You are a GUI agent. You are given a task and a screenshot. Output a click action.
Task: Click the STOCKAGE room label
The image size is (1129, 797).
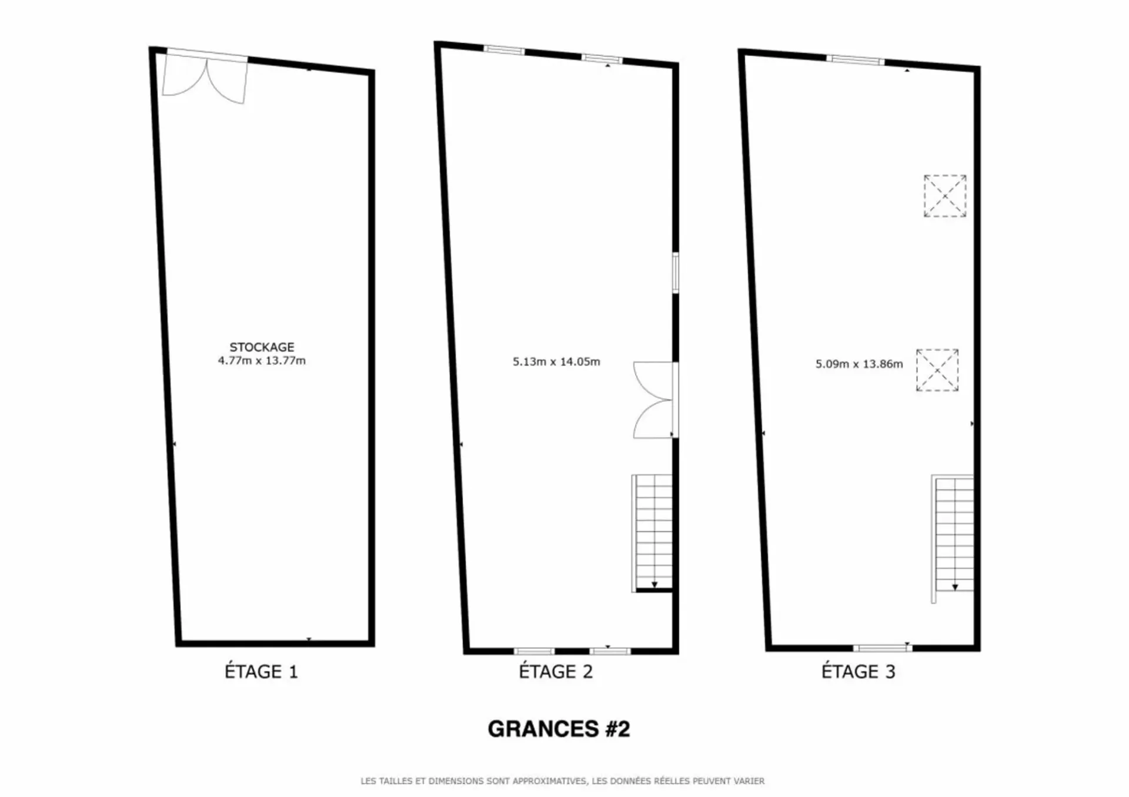[262, 347]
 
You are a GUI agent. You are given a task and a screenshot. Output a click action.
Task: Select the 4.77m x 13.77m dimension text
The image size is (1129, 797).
[262, 361]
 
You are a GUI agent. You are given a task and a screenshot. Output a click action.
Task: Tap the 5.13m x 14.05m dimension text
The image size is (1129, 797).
[556, 362]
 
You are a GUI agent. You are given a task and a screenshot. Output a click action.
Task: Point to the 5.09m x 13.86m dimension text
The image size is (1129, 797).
[859, 364]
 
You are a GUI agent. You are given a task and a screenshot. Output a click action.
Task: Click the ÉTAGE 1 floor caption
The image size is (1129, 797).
[261, 671]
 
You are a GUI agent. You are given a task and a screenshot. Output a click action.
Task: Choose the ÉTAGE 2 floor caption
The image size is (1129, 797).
[556, 671]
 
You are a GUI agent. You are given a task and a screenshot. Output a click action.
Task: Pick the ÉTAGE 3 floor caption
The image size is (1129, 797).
[859, 671]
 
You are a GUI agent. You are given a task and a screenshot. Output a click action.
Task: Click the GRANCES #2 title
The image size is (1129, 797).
[559, 729]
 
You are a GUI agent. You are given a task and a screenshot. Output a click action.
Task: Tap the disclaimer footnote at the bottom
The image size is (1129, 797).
[563, 781]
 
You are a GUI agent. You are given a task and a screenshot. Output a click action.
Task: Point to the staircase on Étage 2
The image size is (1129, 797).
[653, 533]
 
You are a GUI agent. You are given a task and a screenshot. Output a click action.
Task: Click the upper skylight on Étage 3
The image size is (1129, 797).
[945, 196]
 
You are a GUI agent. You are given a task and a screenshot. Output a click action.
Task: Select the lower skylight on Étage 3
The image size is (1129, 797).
[937, 370]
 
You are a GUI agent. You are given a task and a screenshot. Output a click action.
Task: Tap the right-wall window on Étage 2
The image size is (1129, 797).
[676, 273]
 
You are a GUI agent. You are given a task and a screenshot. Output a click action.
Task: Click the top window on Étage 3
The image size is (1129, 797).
[856, 59]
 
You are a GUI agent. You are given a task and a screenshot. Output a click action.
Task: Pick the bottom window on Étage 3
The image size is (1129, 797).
[883, 648]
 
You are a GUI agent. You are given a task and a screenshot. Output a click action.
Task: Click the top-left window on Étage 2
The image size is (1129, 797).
[505, 50]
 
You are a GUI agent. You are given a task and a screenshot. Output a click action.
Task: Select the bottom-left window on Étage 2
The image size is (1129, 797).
[534, 651]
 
